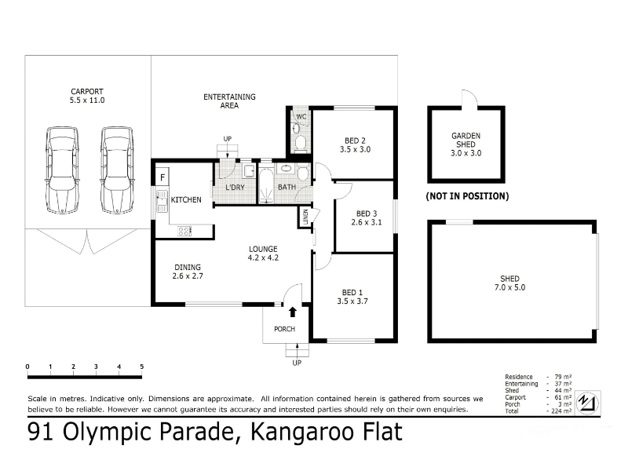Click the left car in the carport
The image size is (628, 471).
[62, 170]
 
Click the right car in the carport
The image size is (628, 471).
[117, 170]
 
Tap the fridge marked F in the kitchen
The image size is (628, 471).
[162, 177]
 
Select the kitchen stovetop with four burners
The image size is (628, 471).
[184, 231]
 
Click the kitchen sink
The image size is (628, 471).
[162, 202]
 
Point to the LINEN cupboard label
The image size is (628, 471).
[305, 217]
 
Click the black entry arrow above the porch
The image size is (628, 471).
[293, 312]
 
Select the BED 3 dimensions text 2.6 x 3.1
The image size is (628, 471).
[367, 222]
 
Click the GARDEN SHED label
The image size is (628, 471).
[466, 140]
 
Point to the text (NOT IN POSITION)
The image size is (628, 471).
[467, 196]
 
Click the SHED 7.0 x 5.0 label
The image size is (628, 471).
[509, 283]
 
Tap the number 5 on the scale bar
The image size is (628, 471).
[142, 367]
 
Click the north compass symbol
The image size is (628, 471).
[587, 402]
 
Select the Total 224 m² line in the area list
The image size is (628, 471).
[539, 411]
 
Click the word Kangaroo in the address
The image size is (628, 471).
[298, 432]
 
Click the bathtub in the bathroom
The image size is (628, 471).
[265, 186]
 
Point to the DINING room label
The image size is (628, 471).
[188, 267]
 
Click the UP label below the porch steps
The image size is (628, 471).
[297, 363]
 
